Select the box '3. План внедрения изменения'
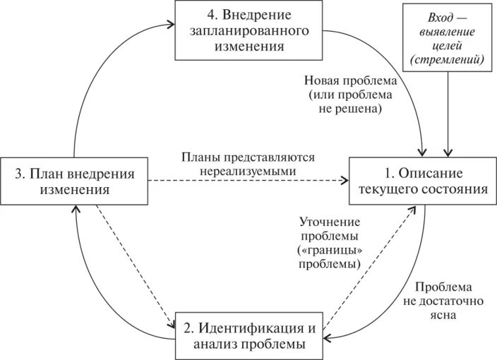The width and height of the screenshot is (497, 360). (75, 181)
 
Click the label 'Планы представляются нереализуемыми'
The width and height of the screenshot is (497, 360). (247, 164)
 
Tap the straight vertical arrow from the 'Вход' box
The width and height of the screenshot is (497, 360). (448, 113)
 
